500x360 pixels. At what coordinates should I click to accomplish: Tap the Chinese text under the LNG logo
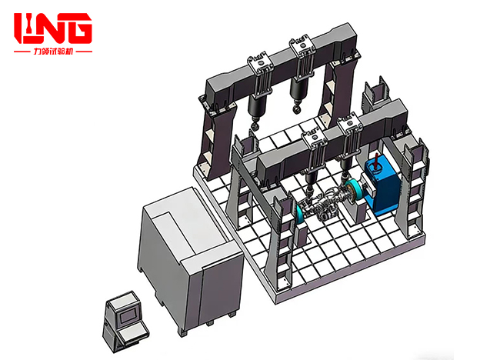coord(52,52)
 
